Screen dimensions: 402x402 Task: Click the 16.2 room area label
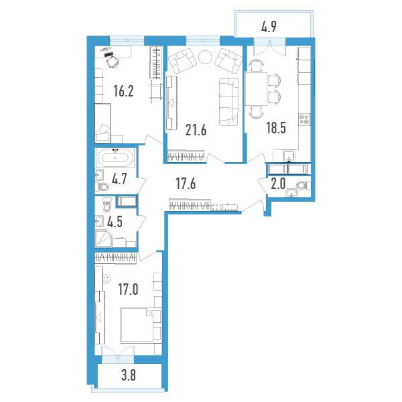click(x=123, y=91)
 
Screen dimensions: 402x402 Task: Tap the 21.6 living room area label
click(x=196, y=130)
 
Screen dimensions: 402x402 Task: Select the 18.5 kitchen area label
click(x=276, y=128)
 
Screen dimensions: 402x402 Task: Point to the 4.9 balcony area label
click(x=269, y=27)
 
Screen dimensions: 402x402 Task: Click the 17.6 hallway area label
click(x=186, y=184)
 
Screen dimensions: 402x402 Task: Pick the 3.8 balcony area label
click(x=128, y=376)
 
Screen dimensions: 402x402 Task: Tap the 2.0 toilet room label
click(x=278, y=184)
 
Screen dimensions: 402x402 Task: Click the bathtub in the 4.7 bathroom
click(x=115, y=158)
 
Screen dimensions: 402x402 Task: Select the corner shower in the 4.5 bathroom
click(x=103, y=239)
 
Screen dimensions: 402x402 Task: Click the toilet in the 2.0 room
click(x=304, y=185)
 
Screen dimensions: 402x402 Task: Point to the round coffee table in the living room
click(x=205, y=57)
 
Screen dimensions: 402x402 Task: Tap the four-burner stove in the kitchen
click(x=304, y=119)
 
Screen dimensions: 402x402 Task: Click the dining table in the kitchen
click(x=257, y=88)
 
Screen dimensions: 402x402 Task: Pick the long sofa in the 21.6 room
click(x=228, y=102)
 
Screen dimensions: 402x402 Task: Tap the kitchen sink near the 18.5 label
click(x=289, y=156)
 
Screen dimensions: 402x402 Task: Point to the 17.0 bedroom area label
click(x=128, y=289)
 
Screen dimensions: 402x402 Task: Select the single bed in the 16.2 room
click(x=103, y=123)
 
